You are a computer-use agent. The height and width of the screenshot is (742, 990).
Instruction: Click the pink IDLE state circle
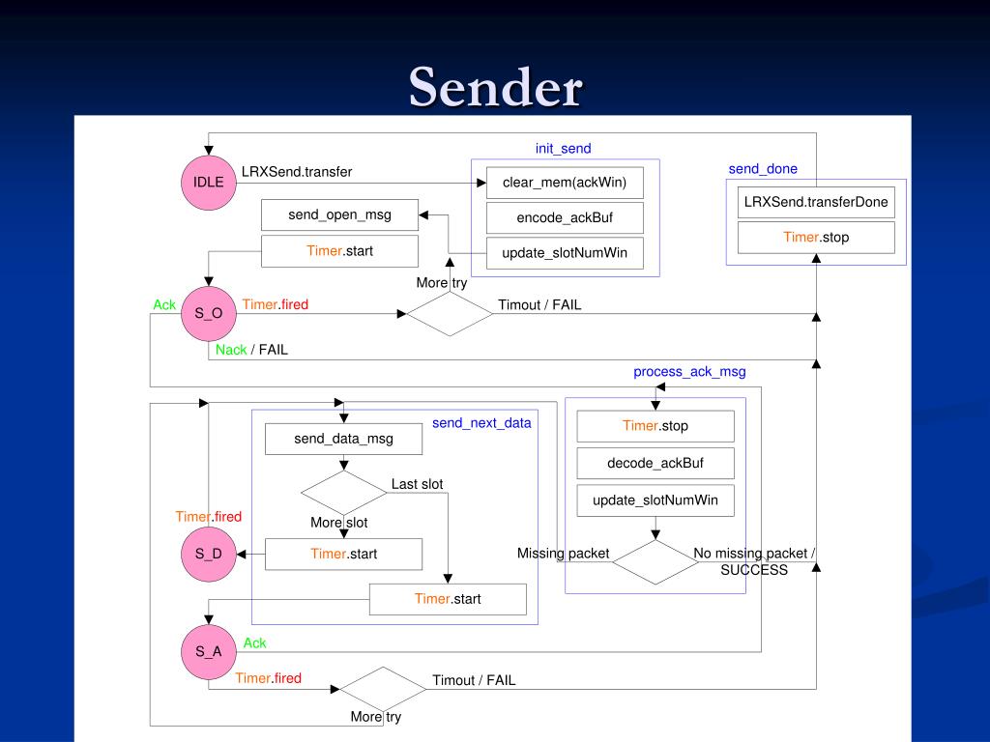click(x=209, y=183)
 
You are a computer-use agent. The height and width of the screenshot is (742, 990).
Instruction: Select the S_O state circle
click(x=209, y=314)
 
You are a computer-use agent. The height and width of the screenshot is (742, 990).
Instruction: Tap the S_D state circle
click(x=209, y=554)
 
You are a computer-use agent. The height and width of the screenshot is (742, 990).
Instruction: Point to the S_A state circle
click(x=209, y=652)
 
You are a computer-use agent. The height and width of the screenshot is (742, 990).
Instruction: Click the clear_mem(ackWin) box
click(x=565, y=183)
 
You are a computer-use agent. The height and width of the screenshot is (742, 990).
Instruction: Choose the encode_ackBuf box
click(x=565, y=217)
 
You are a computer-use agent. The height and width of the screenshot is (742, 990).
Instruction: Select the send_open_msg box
click(x=339, y=214)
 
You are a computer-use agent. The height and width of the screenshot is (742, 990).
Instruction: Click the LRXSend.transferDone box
click(x=816, y=202)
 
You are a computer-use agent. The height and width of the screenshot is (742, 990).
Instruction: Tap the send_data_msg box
click(x=343, y=439)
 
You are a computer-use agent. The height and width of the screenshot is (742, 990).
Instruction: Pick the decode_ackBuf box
click(x=655, y=463)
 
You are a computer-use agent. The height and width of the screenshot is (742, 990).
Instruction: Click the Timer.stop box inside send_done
click(x=816, y=238)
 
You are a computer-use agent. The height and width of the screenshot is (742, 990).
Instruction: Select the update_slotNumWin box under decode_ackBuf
click(x=655, y=500)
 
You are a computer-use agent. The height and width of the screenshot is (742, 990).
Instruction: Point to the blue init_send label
click(x=564, y=148)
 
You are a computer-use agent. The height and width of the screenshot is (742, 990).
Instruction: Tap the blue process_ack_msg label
click(x=689, y=372)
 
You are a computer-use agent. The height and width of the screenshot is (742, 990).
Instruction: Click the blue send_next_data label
click(x=481, y=423)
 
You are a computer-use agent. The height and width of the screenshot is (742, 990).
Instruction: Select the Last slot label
click(x=417, y=484)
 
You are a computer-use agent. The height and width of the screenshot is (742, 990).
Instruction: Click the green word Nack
click(x=231, y=350)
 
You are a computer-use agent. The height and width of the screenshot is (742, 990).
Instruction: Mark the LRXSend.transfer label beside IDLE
click(x=297, y=172)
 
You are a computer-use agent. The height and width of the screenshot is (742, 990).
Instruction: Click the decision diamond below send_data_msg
click(x=343, y=493)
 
